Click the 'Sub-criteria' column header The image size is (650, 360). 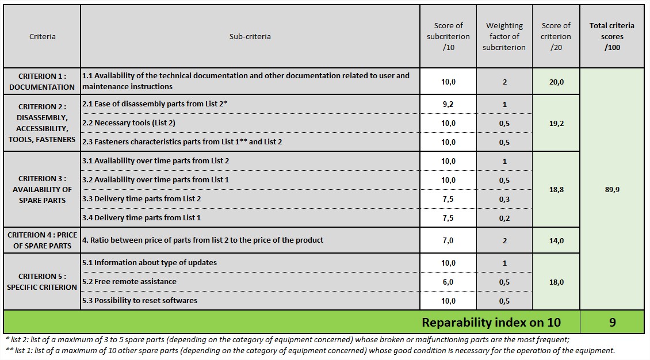pyautogui.click(x=250, y=36)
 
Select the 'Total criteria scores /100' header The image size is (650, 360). pyautogui.click(x=611, y=36)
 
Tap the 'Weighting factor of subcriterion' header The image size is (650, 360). pyautogui.click(x=504, y=36)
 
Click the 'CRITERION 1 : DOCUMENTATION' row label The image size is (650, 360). pyautogui.click(x=42, y=82)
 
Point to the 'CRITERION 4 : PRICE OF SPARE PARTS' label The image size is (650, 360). pyautogui.click(x=42, y=240)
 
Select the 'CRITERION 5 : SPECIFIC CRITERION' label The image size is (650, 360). pyautogui.click(x=42, y=282)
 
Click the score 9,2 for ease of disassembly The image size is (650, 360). pyautogui.click(x=448, y=105)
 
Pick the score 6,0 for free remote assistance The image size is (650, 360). pyautogui.click(x=448, y=282)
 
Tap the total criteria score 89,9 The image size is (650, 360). pyautogui.click(x=611, y=189)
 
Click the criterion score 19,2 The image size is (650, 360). pyautogui.click(x=556, y=123)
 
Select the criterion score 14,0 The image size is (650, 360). pyautogui.click(x=556, y=240)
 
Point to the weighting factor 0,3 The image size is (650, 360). pyautogui.click(x=504, y=199)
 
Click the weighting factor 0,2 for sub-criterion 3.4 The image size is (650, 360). pyautogui.click(x=504, y=218)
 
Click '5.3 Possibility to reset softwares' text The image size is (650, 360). pyautogui.click(x=140, y=301)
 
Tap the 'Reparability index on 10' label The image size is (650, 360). pyautogui.click(x=491, y=322)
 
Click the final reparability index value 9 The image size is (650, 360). pyautogui.click(x=611, y=322)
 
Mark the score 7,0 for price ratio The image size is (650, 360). pyautogui.click(x=448, y=240)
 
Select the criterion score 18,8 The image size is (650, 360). pyautogui.click(x=556, y=189)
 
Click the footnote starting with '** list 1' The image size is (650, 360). pyautogui.click(x=309, y=350)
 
